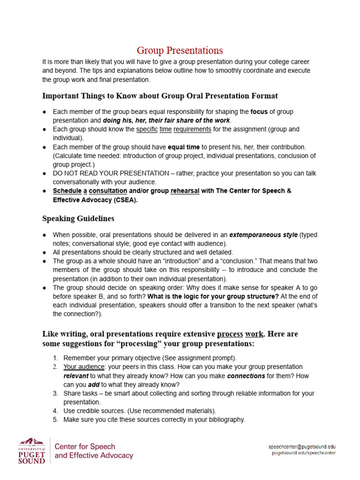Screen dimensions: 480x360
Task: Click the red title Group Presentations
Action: click(180, 51)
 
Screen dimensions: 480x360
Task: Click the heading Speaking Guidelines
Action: click(78, 218)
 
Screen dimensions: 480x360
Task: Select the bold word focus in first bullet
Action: click(259, 112)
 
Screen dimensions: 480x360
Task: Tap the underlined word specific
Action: click(146, 129)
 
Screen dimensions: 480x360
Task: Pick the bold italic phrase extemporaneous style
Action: click(263, 235)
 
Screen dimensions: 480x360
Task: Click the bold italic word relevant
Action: click(76, 375)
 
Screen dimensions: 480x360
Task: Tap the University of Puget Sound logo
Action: click(32, 450)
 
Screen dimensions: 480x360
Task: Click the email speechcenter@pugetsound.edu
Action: click(302, 447)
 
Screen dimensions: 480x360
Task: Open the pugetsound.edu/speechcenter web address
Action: click(304, 453)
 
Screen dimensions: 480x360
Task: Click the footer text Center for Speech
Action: click(85, 446)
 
